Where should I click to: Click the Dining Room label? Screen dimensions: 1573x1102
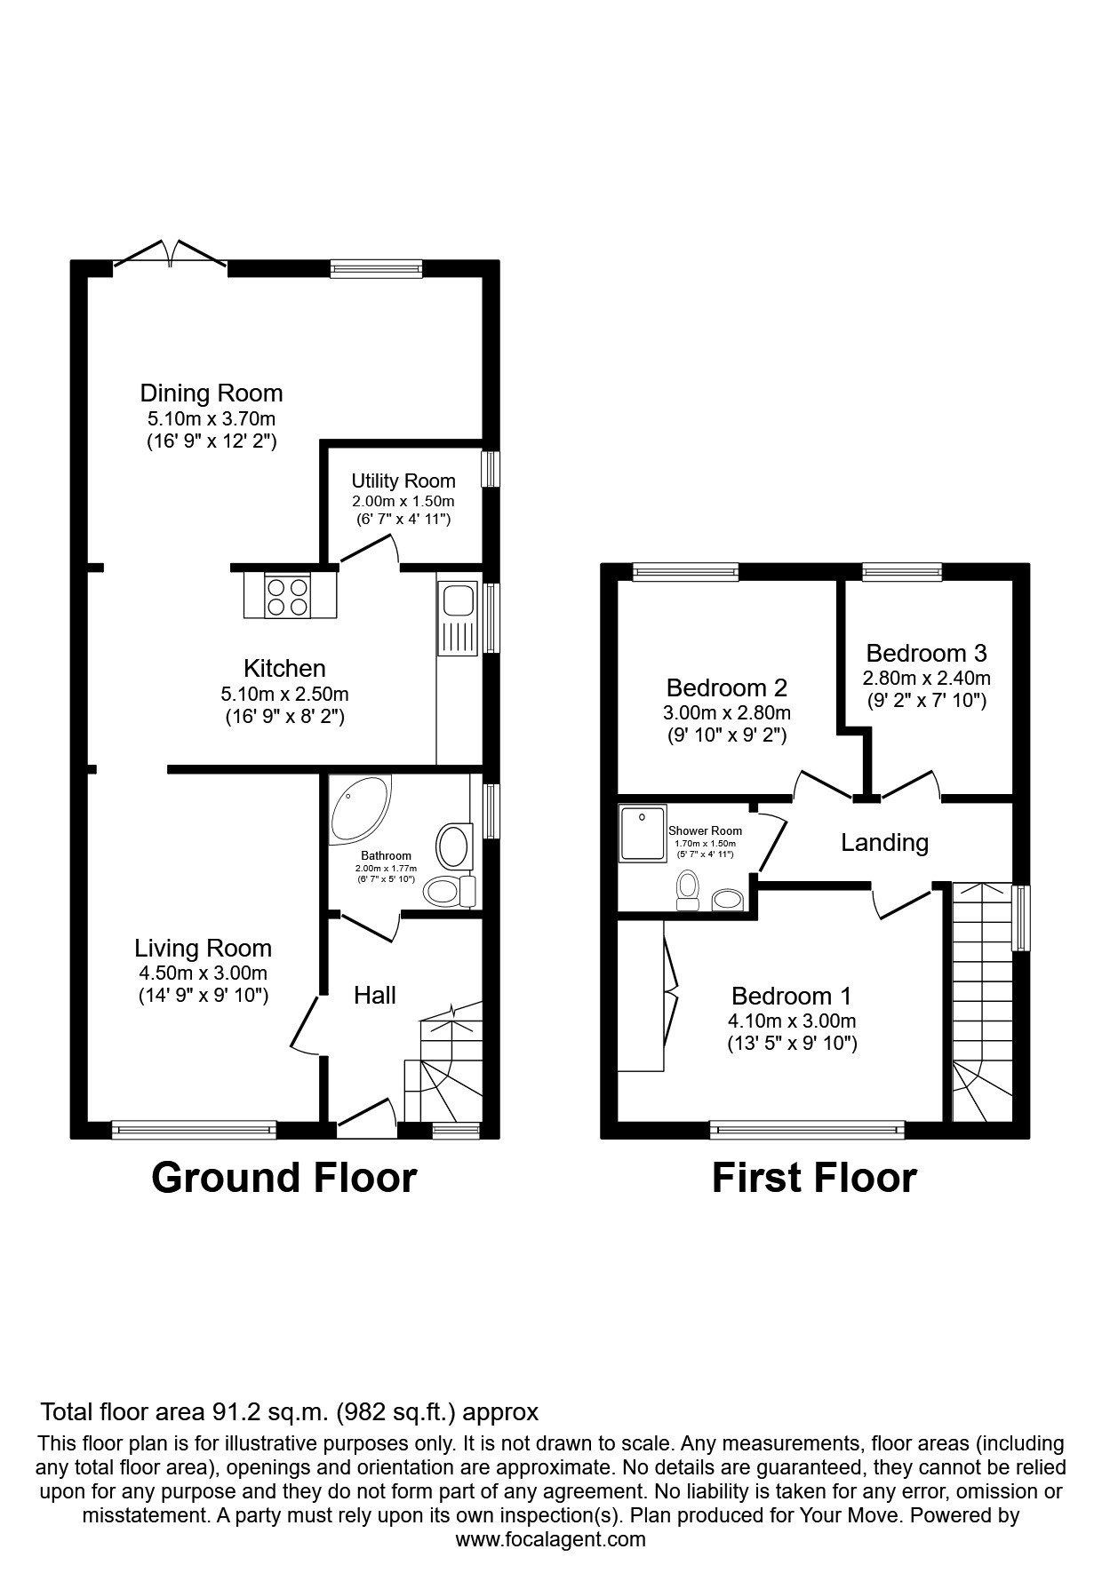pyautogui.click(x=212, y=393)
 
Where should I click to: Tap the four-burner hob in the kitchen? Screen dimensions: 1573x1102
pyautogui.click(x=289, y=596)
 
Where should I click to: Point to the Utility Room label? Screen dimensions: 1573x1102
pyautogui.click(x=403, y=481)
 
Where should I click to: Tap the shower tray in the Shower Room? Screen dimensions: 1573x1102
pyautogui.click(x=643, y=833)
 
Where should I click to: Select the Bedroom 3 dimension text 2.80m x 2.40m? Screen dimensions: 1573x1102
pyautogui.click(x=926, y=678)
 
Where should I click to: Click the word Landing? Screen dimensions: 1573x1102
pyautogui.click(x=884, y=842)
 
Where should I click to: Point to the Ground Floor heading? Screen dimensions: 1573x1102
pyautogui.click(x=283, y=1178)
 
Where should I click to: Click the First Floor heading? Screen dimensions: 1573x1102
pyautogui.click(x=814, y=1178)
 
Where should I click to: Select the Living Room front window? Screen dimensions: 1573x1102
pyautogui.click(x=194, y=1130)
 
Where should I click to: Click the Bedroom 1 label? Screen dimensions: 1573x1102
pyautogui.click(x=791, y=996)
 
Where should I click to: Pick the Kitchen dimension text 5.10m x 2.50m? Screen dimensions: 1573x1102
pyautogui.click(x=284, y=694)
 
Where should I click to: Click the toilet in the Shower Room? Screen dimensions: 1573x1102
pyautogui.click(x=687, y=888)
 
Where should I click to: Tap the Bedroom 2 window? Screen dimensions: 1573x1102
pyautogui.click(x=685, y=573)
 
